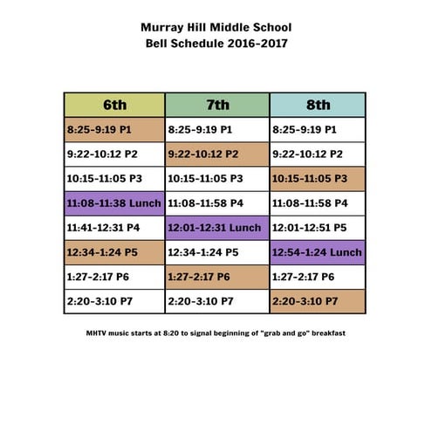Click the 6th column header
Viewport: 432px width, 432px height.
coord(114,105)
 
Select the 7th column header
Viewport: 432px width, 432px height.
coord(217,105)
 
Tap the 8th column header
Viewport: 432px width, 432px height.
coord(318,105)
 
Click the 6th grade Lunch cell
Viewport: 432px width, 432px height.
coord(114,203)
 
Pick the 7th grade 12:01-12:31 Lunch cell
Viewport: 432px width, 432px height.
coord(217,228)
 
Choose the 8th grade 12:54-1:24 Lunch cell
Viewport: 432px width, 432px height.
coord(318,252)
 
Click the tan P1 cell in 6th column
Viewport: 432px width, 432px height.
coord(114,129)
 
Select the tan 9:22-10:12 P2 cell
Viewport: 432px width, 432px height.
coord(217,154)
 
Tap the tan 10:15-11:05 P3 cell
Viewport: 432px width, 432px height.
coord(318,178)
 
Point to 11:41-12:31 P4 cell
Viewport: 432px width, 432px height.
coord(114,228)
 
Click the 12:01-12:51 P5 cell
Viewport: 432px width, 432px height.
coord(318,228)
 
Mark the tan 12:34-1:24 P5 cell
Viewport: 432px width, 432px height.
coord(114,252)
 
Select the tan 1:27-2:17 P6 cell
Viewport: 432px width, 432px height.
coord(217,277)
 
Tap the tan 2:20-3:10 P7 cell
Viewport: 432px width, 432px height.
coord(318,301)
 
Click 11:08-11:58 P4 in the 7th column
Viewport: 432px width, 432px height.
coord(217,203)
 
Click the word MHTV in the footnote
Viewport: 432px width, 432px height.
coord(97,333)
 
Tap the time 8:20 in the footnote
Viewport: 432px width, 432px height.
coord(175,333)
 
